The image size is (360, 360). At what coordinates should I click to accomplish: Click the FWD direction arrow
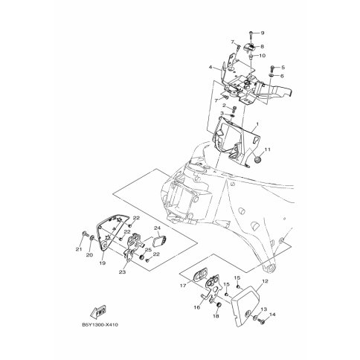click(x=98, y=312)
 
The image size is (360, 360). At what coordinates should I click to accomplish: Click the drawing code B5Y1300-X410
click(x=100, y=325)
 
